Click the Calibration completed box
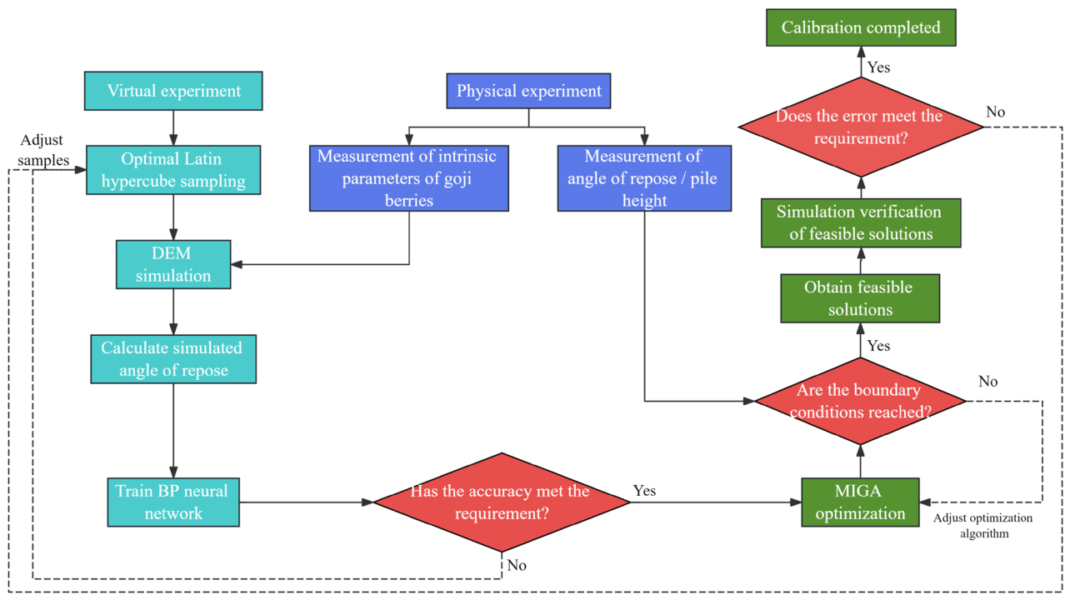coord(861,27)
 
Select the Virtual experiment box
coord(173,91)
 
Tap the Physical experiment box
coord(528,91)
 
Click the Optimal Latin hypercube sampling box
coord(173,170)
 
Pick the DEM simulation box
coord(173,264)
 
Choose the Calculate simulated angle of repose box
coord(173,359)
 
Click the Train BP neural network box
coord(173,502)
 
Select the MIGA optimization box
coord(860,502)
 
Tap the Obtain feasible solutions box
coord(860,298)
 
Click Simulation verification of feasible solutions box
coord(861,223)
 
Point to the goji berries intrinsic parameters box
coord(409,178)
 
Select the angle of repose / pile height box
coord(644,178)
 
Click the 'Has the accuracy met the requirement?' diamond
coord(502,502)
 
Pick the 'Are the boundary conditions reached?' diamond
coord(860,402)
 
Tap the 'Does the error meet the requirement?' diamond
coord(861,127)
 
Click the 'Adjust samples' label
coord(43,150)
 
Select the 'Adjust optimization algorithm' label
coord(983,526)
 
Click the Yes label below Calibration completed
coord(878,67)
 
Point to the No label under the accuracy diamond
coord(517,565)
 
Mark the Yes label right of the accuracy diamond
coord(644,491)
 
